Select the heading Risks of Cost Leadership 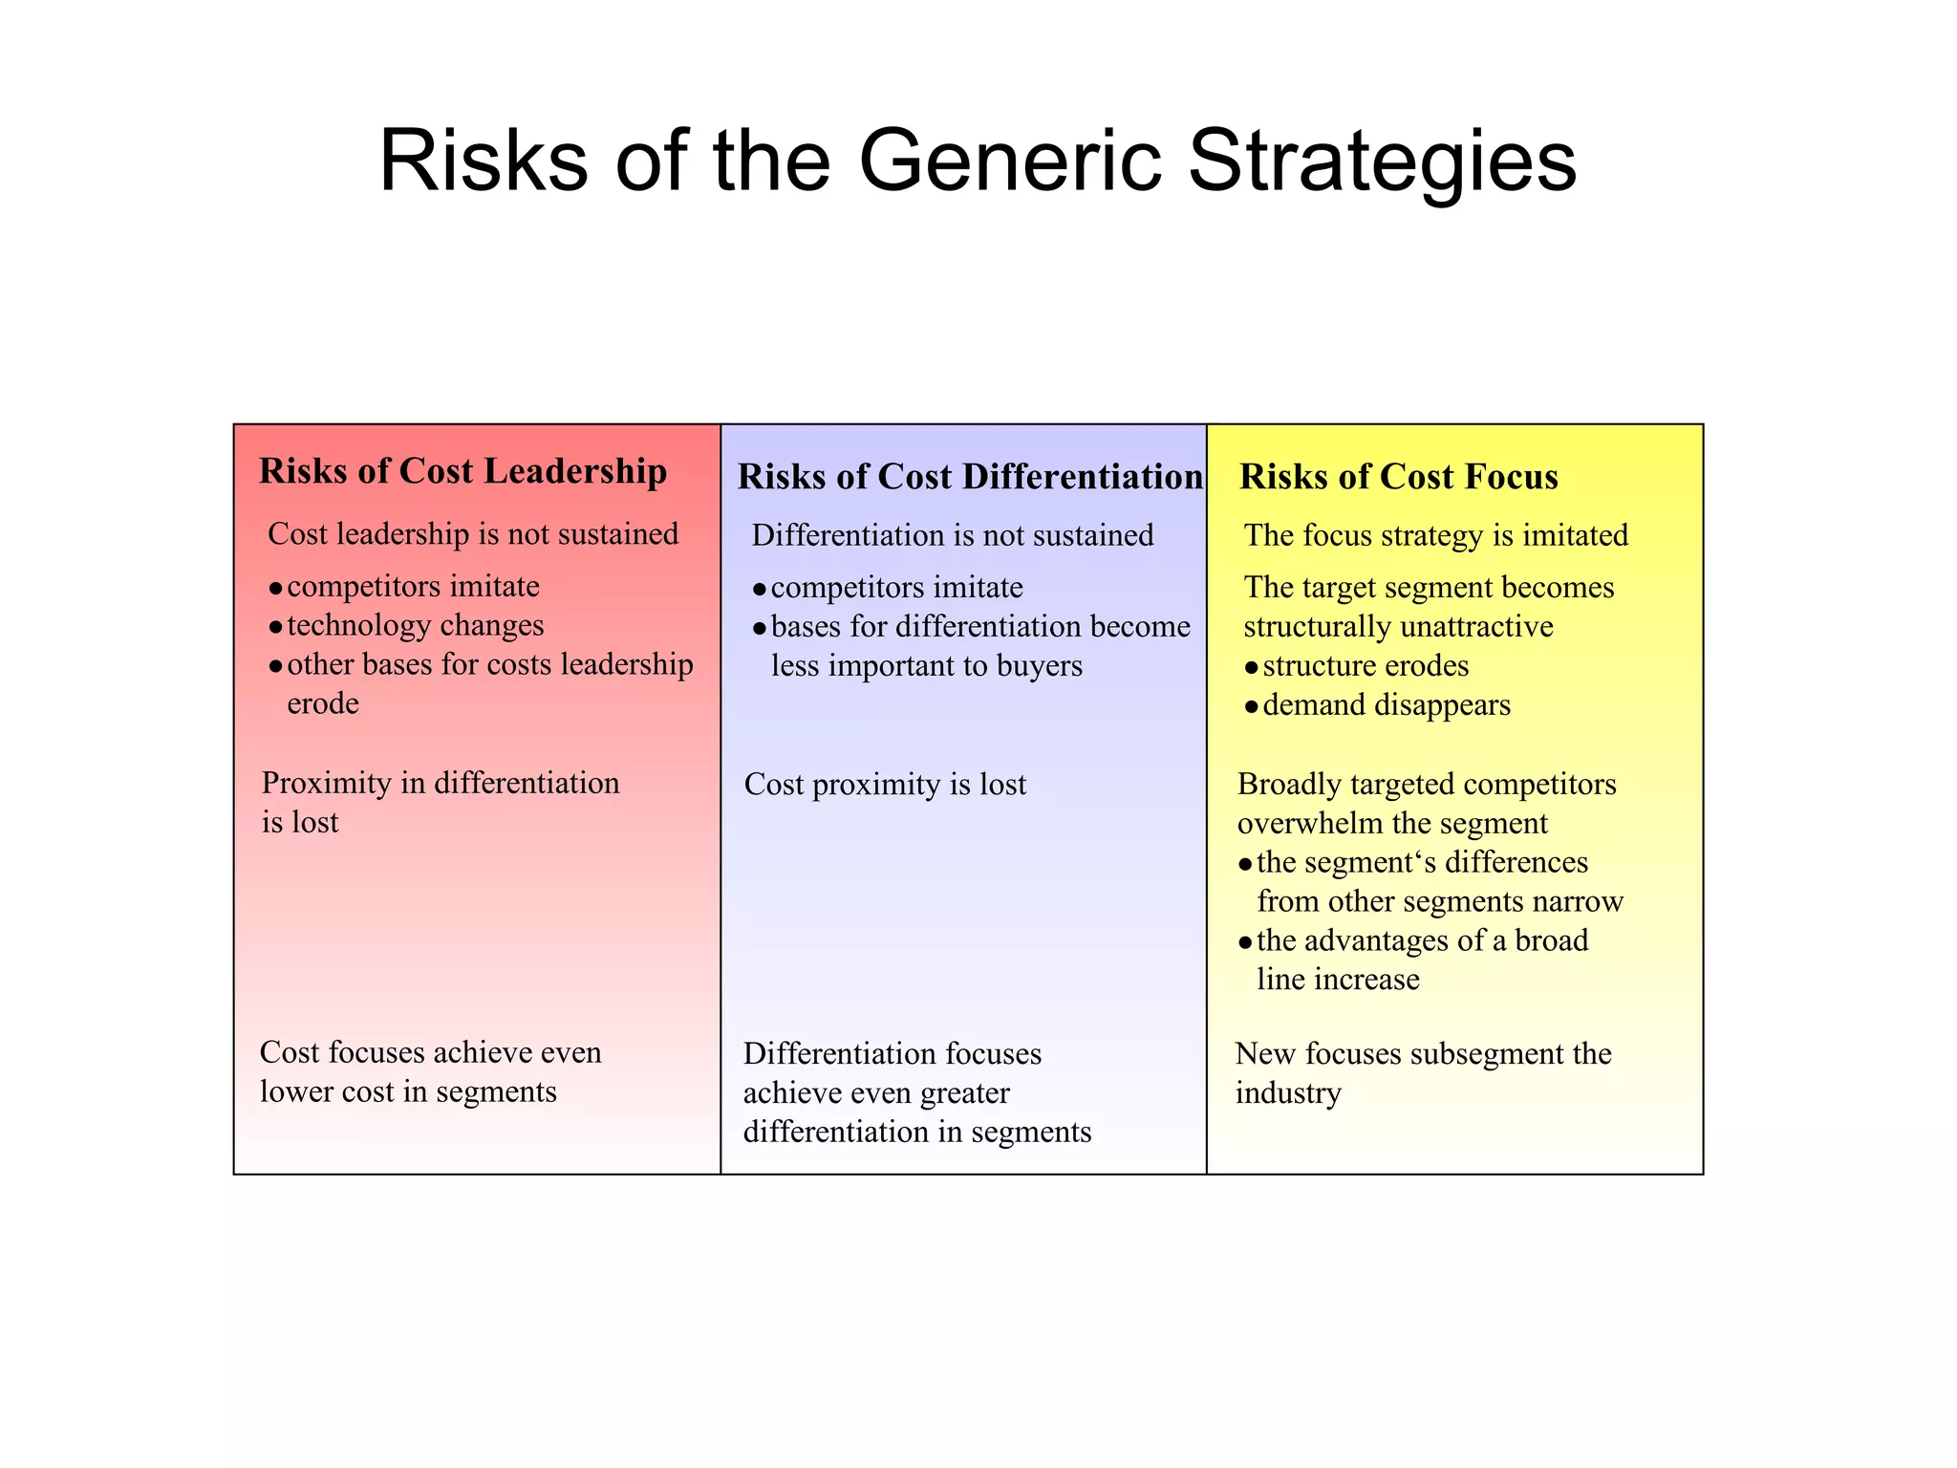[x=462, y=471]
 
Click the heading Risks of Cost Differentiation [x=969, y=477]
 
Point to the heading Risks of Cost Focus [x=1398, y=477]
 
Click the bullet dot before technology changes [x=275, y=627]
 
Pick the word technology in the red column [x=359, y=625]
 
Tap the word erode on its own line [x=323, y=703]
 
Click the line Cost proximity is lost [x=885, y=785]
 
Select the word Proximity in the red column [x=327, y=784]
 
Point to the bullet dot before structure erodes [x=1251, y=667]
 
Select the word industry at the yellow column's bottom [x=1288, y=1092]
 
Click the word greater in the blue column [x=963, y=1092]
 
